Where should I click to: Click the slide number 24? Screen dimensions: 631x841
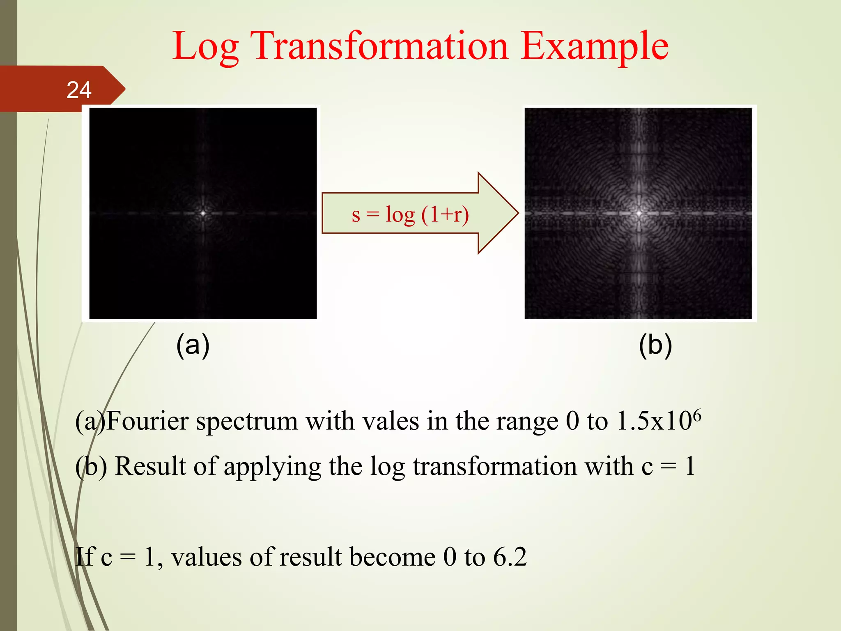coord(79,90)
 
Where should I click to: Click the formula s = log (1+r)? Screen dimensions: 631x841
coord(410,214)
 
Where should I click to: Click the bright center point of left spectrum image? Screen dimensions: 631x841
coord(203,213)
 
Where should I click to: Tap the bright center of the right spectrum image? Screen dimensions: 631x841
coord(639,213)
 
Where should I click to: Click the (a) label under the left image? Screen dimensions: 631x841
coord(193,345)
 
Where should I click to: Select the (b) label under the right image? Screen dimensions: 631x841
coord(655,345)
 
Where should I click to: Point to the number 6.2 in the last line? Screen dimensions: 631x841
coord(510,557)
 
